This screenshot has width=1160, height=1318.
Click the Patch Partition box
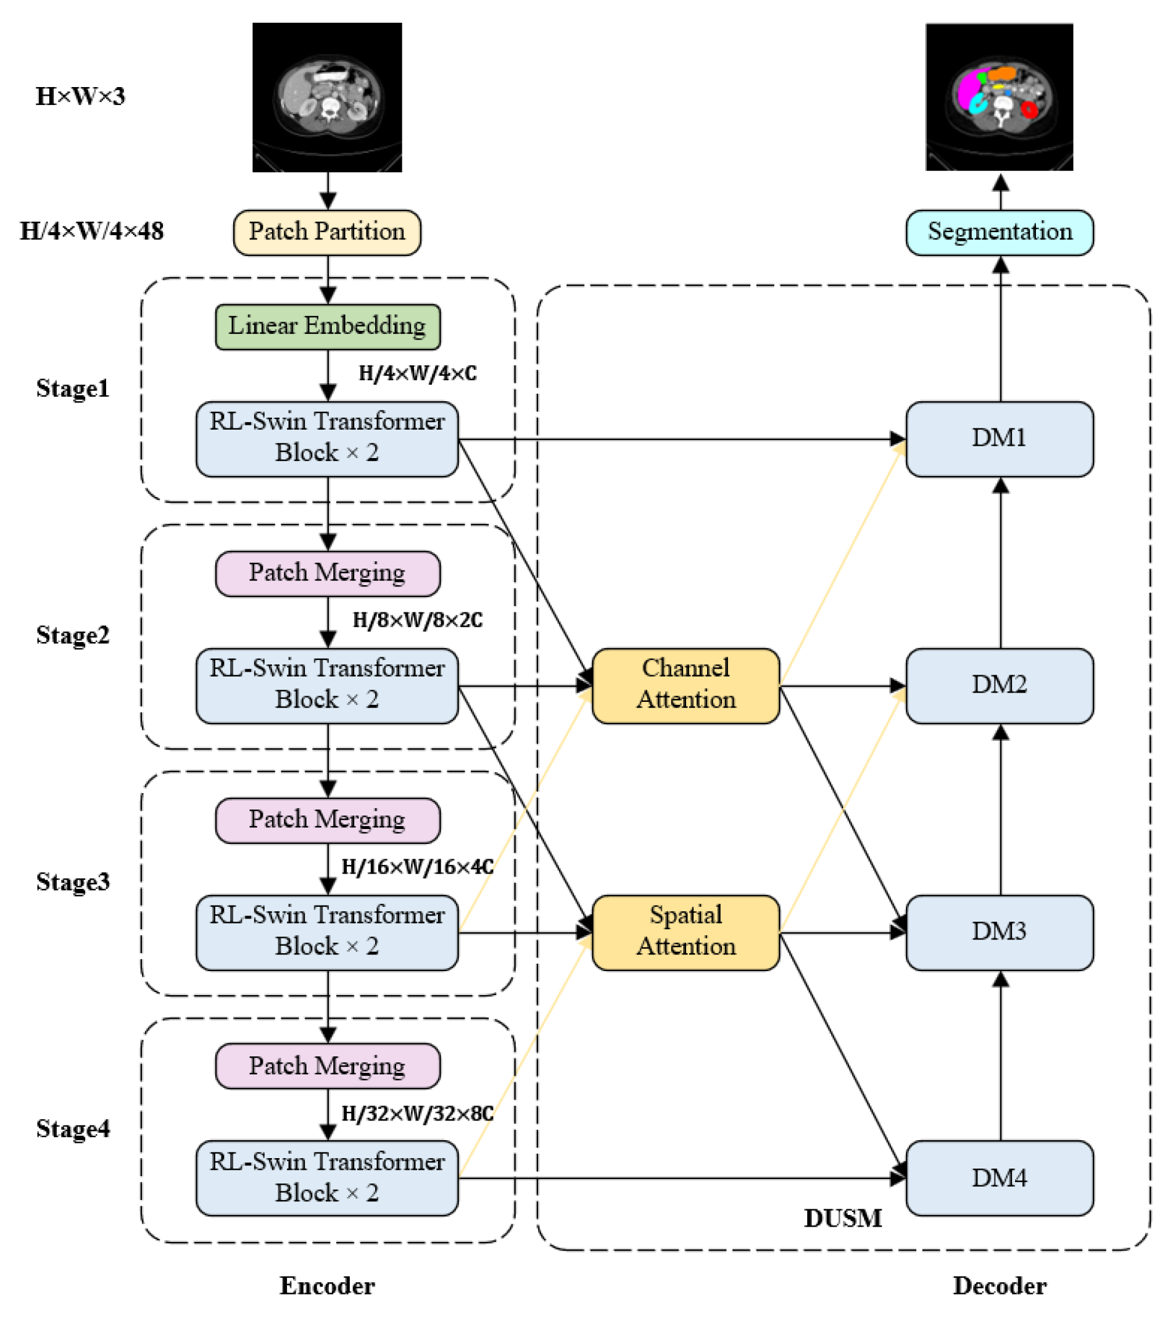pyautogui.click(x=328, y=232)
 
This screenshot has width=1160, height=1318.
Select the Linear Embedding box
pyautogui.click(x=328, y=327)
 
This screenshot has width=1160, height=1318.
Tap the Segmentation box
pyautogui.click(x=1000, y=232)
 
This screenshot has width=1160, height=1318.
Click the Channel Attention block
pyautogui.click(x=686, y=685)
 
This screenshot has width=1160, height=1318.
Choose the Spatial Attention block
pyautogui.click(x=686, y=932)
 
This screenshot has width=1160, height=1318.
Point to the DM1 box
pyautogui.click(x=1000, y=439)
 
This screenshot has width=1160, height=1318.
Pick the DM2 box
pyautogui.click(x=1000, y=685)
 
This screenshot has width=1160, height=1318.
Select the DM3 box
pyautogui.click(x=1000, y=932)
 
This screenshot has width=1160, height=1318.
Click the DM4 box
pyautogui.click(x=1000, y=1178)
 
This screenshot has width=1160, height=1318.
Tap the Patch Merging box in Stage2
pyautogui.click(x=328, y=573)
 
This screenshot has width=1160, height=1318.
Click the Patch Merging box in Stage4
pyautogui.click(x=328, y=1066)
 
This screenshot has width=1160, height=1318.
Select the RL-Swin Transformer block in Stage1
pyautogui.click(x=328, y=439)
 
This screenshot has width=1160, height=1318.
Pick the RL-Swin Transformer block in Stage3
pyautogui.click(x=328, y=932)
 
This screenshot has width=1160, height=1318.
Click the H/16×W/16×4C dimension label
pyautogui.click(x=418, y=867)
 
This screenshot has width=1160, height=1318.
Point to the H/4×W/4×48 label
pyautogui.click(x=91, y=231)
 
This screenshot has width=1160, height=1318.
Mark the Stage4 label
pyautogui.click(x=73, y=1128)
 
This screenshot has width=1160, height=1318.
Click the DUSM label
pyautogui.click(x=843, y=1218)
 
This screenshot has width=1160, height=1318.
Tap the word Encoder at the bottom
pyautogui.click(x=328, y=1286)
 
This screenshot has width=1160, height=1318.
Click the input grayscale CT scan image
pyautogui.click(x=328, y=98)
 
